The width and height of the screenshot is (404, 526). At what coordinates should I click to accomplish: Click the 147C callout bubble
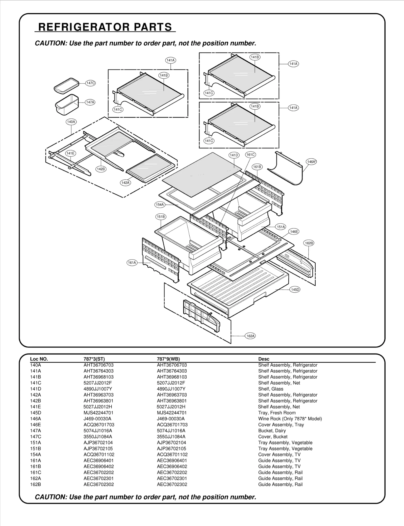pos(90,83)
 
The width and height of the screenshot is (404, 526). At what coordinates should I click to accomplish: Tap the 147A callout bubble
pos(90,102)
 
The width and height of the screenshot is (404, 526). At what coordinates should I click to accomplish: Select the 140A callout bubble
pos(71,122)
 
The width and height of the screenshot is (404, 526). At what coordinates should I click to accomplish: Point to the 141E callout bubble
pos(70,153)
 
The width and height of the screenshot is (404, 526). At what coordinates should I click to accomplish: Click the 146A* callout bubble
pos(311,162)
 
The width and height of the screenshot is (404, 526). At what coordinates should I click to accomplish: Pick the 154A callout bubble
pos(160,205)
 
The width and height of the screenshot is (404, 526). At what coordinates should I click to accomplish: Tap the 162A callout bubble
pos(250,336)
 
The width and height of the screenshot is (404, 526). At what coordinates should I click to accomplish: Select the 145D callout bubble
pos(295,290)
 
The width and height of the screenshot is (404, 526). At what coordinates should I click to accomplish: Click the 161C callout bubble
pos(250,155)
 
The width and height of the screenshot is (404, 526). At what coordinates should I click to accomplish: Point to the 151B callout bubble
pos(161,217)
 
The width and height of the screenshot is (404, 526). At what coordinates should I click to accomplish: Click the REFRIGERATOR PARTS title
pos(105,27)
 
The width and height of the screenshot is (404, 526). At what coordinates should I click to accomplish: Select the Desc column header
pos(264,359)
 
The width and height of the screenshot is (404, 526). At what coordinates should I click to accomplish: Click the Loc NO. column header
pos(39,359)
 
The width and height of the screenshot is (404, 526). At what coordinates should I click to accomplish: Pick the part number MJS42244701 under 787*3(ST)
pos(98,413)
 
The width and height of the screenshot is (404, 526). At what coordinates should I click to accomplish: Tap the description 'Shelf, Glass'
pos(271,389)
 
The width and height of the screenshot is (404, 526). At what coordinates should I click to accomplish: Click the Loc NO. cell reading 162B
pos(35,484)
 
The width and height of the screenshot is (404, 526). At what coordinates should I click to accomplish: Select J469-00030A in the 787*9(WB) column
pos(171,419)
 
